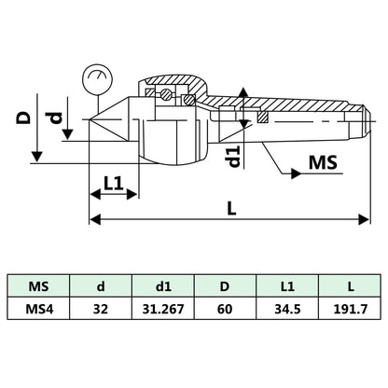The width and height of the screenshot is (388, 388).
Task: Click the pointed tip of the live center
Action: pyautogui.click(x=91, y=121)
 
